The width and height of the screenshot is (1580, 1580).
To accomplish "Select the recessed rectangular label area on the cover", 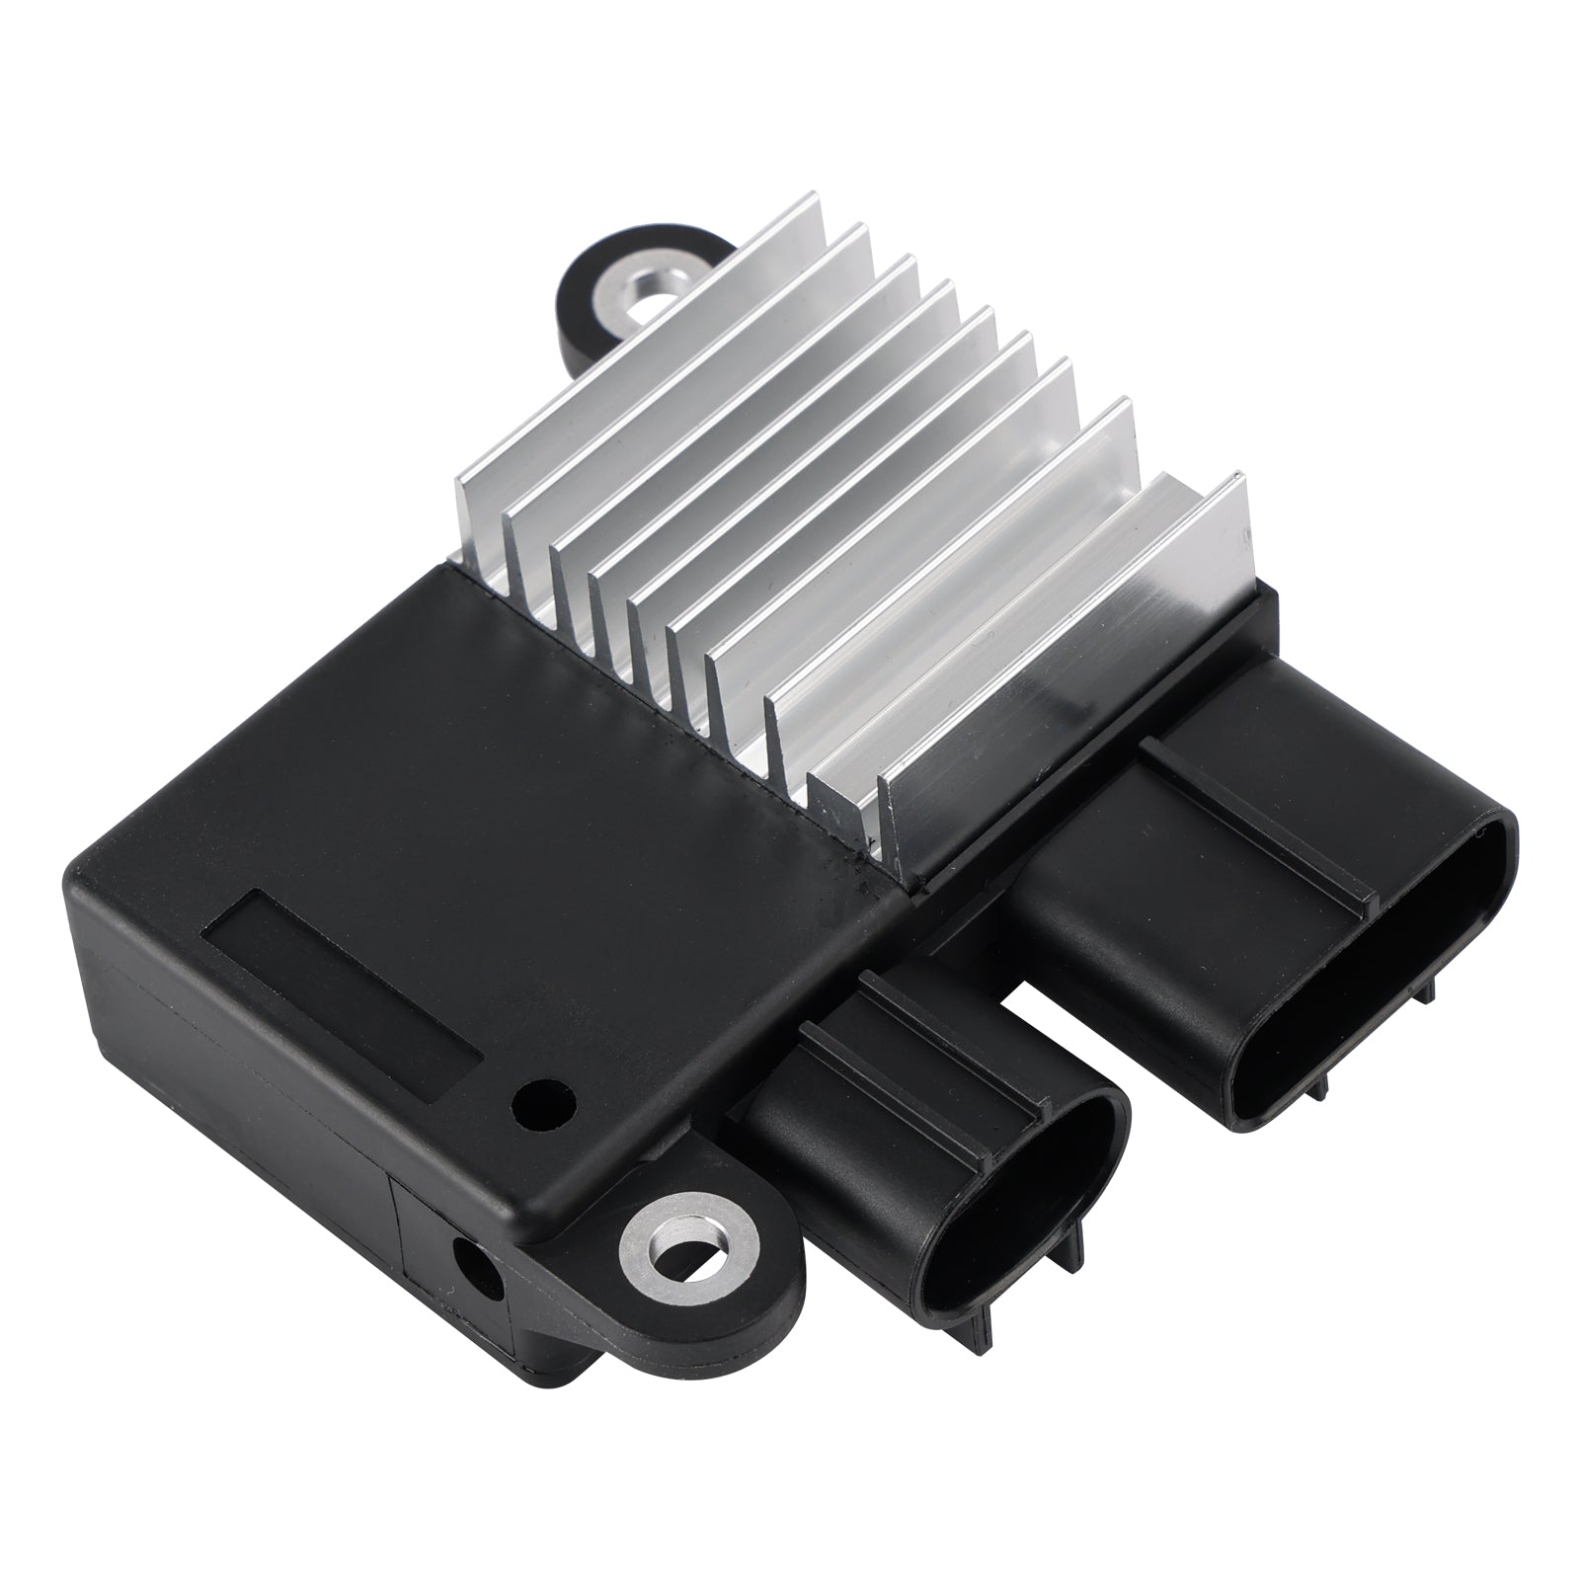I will click(341, 980).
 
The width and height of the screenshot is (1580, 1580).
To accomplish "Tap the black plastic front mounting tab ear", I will click(750, 1274).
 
